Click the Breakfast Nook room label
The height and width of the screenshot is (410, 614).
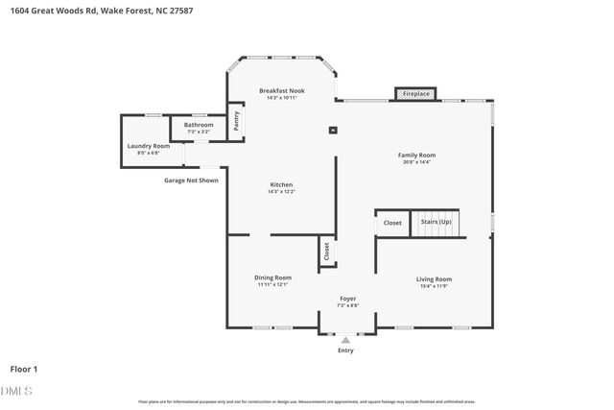click(x=282, y=90)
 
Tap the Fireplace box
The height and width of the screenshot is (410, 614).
click(x=415, y=94)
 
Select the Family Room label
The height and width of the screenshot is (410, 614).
click(x=417, y=155)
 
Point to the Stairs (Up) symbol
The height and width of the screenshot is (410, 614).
click(x=437, y=223)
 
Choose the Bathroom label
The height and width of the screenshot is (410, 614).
click(x=199, y=125)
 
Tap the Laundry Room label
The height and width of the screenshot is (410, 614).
click(x=149, y=146)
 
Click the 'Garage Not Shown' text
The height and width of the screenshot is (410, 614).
click(x=190, y=180)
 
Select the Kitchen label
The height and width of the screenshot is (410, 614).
click(x=281, y=184)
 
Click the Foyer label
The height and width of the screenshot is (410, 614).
click(x=348, y=299)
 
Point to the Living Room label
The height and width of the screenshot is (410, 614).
click(x=434, y=279)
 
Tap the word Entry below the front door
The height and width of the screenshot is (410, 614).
click(x=345, y=350)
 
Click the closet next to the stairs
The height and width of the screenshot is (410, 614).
click(x=392, y=223)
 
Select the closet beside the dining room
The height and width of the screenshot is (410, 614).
click(x=326, y=252)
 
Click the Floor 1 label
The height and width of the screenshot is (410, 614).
click(x=24, y=369)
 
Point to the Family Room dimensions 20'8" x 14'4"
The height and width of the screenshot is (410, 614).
click(x=417, y=162)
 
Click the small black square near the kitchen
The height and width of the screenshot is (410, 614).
click(x=332, y=130)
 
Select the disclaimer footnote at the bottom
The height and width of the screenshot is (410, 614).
click(x=307, y=401)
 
